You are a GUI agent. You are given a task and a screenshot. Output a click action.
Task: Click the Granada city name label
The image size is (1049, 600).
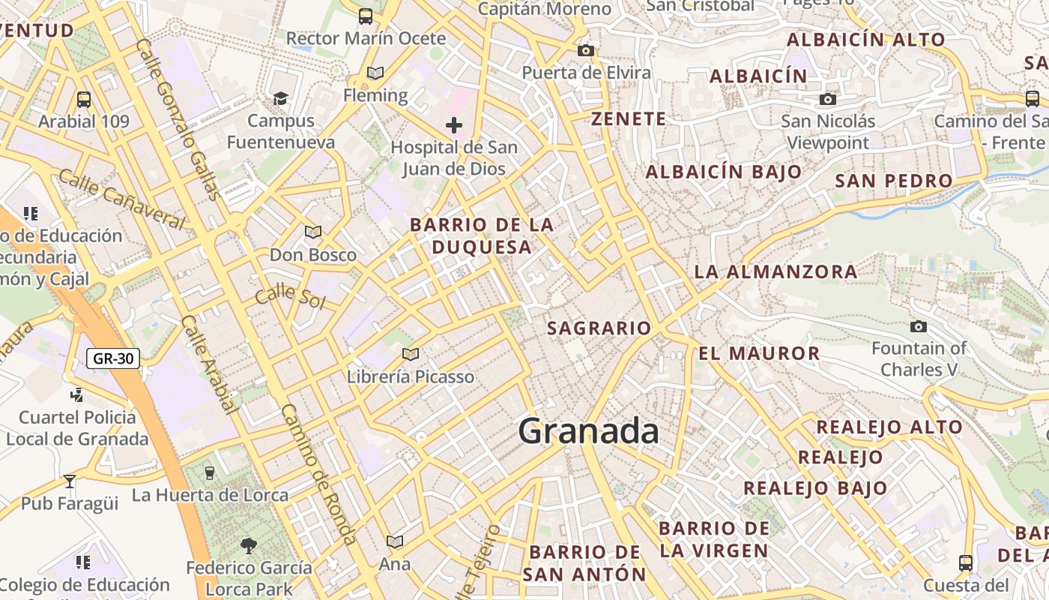coord(589,432)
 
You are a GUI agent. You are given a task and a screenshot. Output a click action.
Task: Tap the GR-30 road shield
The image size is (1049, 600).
coord(114,358)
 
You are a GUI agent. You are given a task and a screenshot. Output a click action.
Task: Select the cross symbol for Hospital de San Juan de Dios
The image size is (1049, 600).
coord(454,125)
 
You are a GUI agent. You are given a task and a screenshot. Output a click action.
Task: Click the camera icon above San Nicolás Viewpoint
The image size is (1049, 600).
coord(827,99)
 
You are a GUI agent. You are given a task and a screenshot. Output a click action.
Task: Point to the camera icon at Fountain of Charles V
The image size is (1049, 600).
coord(918,326)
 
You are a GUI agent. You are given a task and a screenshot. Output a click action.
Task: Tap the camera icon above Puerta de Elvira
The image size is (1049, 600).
coord(586,50)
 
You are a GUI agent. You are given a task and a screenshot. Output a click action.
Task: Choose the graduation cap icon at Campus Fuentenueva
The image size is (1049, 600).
coord(280,98)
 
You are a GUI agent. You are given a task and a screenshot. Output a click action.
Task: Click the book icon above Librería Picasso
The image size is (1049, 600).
coord(410,354)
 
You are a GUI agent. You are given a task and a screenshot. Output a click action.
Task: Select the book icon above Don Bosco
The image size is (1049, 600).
coord(313,232)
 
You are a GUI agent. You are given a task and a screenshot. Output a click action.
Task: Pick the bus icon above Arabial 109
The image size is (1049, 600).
coord(84,99)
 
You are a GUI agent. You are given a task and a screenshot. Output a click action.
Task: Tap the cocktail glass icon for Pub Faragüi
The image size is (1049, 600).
coord(70,481)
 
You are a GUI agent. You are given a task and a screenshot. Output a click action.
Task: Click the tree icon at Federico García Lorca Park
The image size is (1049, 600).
coord(249,545)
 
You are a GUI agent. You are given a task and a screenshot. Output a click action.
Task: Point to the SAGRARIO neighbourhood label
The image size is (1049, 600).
coord(599,328)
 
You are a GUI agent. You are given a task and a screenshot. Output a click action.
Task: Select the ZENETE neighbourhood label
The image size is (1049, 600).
coord(628,118)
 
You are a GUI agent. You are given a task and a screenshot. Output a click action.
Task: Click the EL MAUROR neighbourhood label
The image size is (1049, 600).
coord(759,353)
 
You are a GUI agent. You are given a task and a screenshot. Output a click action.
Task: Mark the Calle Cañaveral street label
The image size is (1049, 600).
coord(121,199)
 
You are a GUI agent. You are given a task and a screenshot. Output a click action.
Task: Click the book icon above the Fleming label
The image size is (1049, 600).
coord(375,73)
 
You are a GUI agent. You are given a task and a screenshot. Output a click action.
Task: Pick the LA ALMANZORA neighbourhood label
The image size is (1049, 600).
coord(776,271)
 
